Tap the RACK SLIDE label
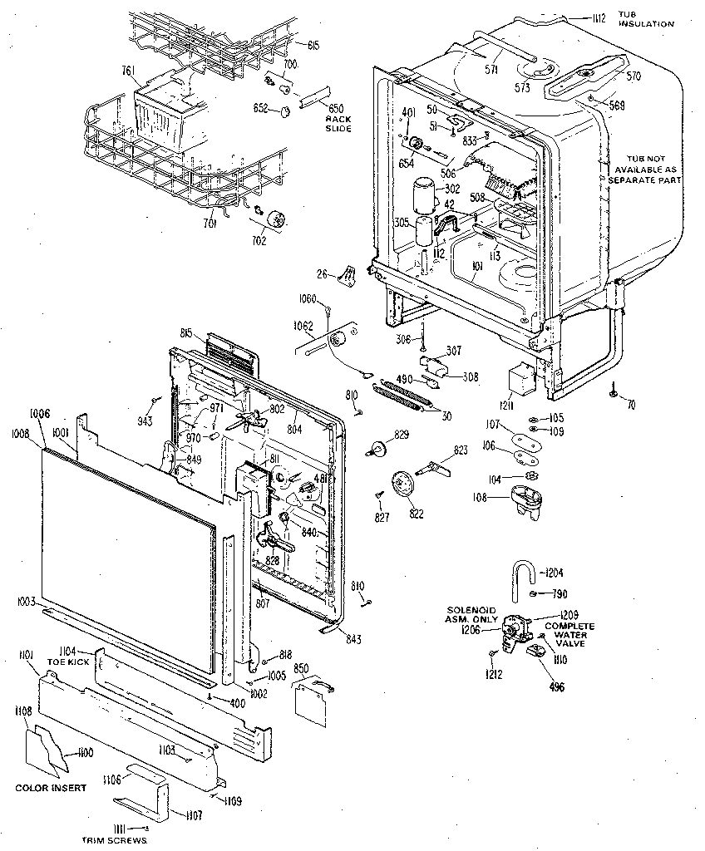pos(338,123)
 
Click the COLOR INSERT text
pos(49,787)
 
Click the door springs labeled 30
pos(405,395)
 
